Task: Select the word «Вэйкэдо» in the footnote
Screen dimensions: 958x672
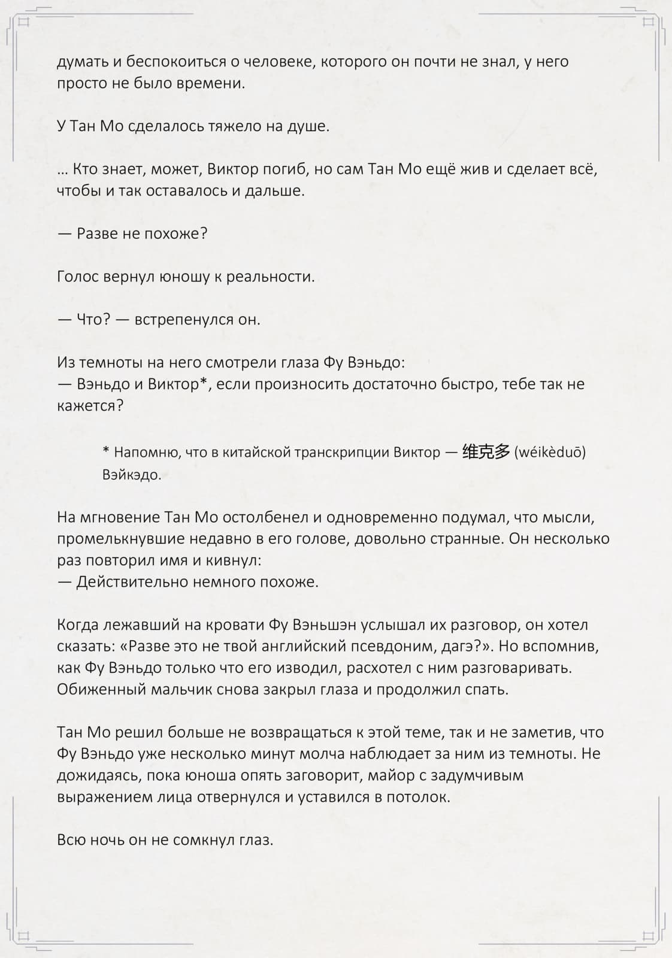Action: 131,475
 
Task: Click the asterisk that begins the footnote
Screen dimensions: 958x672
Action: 106,451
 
